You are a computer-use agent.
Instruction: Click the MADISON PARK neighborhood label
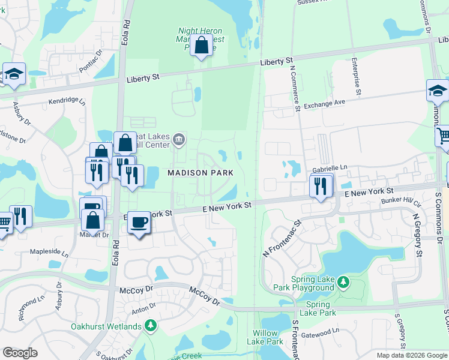point(200,173)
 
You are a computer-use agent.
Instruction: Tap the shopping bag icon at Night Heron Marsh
point(202,46)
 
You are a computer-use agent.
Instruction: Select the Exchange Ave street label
point(324,104)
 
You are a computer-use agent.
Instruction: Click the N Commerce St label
point(295,88)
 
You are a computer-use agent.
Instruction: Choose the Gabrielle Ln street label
point(330,170)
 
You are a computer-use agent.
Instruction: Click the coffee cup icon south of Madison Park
point(139,223)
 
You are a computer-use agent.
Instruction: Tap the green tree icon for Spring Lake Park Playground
point(343,281)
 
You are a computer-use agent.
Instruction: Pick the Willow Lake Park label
point(265,337)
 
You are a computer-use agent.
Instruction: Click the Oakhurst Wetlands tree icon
point(150,326)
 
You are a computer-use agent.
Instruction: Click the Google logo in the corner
point(20,353)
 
